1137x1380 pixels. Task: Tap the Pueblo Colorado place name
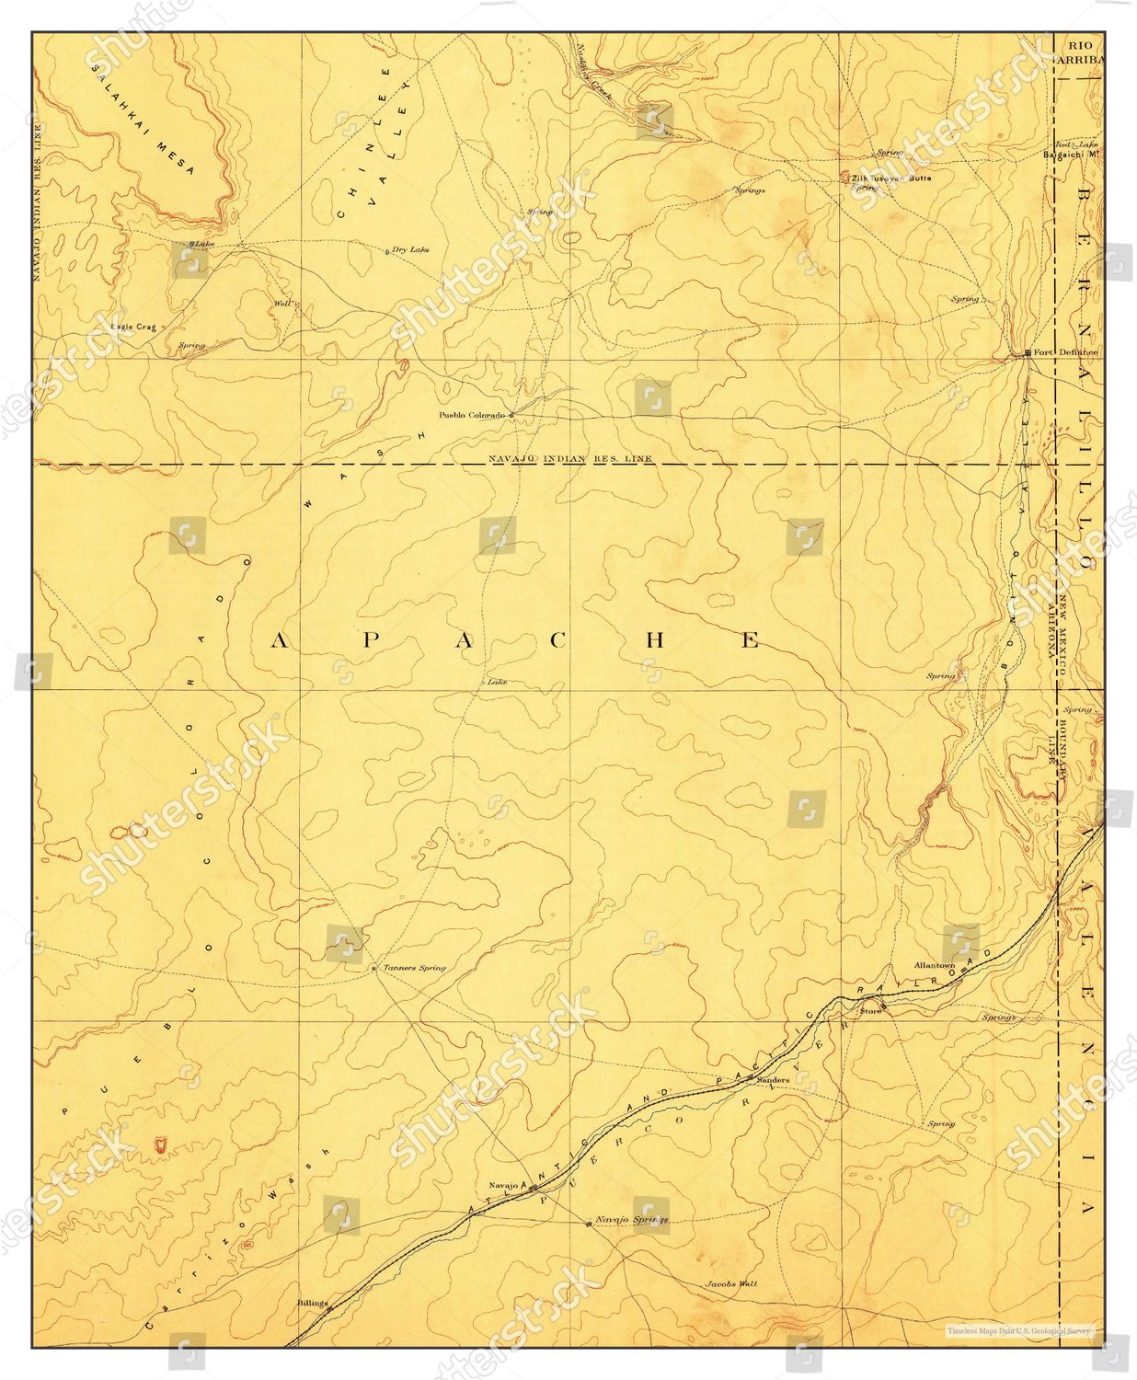point(472,415)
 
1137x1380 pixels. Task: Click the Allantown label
point(935,965)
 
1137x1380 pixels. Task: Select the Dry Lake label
point(410,249)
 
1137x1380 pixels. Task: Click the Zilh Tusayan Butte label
point(891,178)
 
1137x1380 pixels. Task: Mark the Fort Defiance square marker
point(1028,353)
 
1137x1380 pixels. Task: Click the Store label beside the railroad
point(869,1011)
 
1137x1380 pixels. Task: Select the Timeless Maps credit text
point(1024,1328)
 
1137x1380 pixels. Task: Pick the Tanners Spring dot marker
point(373,968)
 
